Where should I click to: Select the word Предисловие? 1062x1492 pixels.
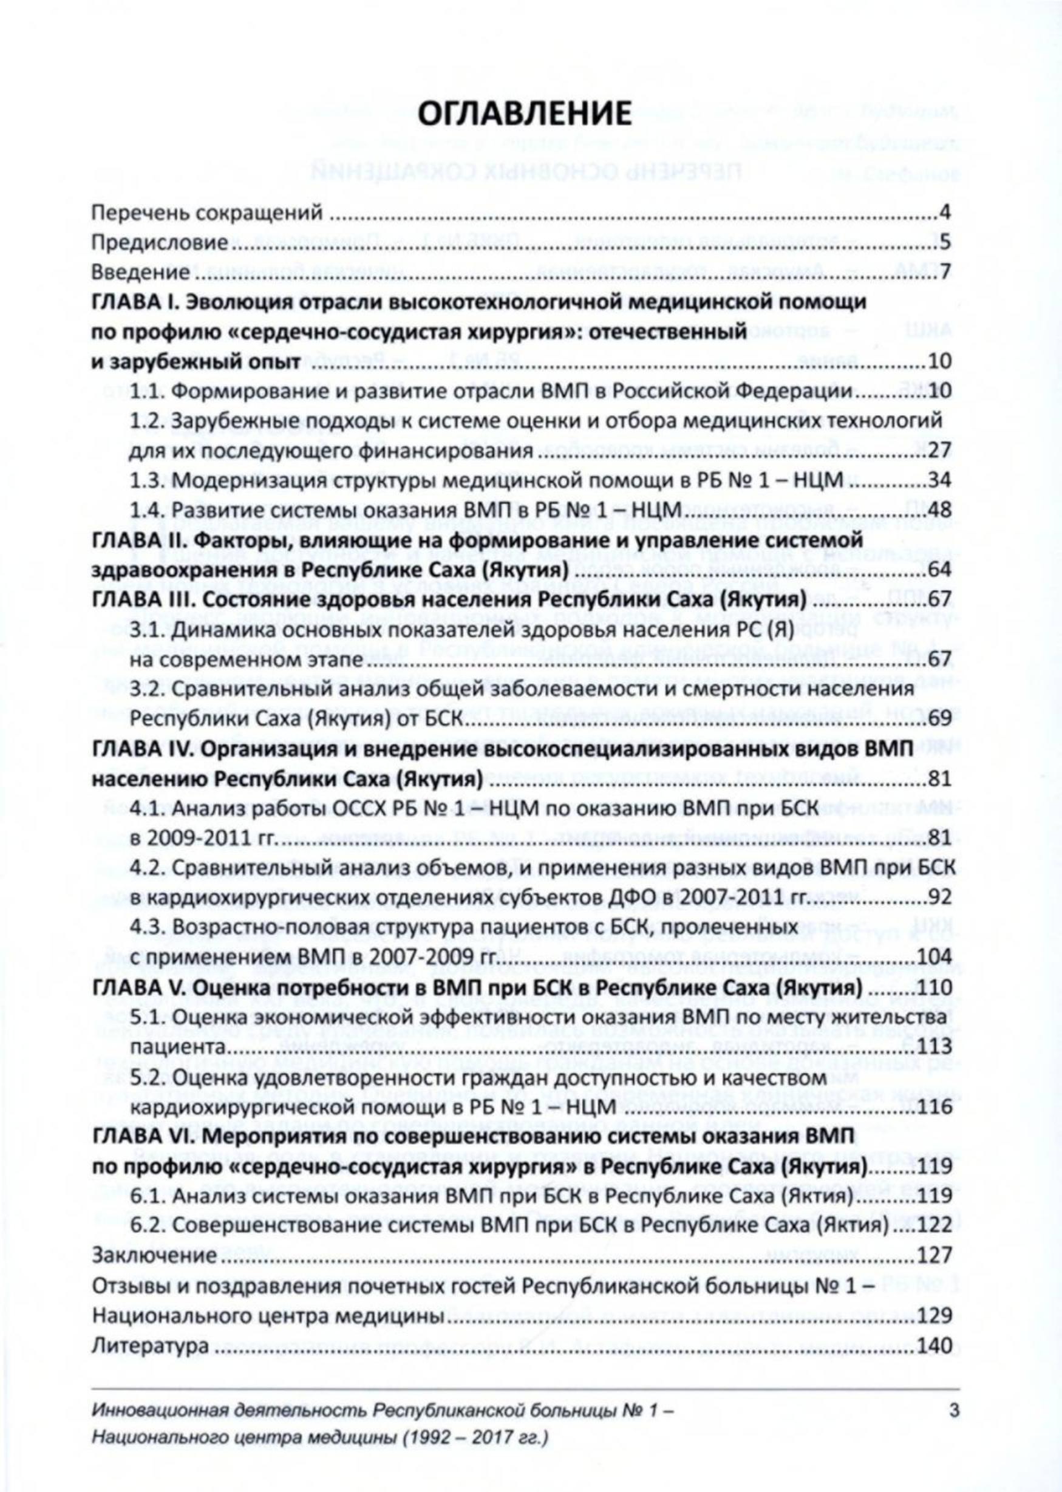coord(159,242)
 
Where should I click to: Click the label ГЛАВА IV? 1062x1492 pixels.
coord(141,751)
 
